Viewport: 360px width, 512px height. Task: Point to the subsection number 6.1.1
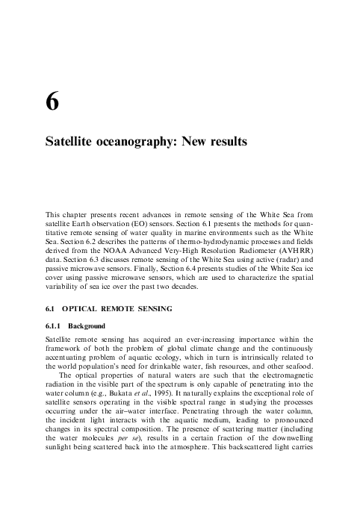click(x=54, y=326)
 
